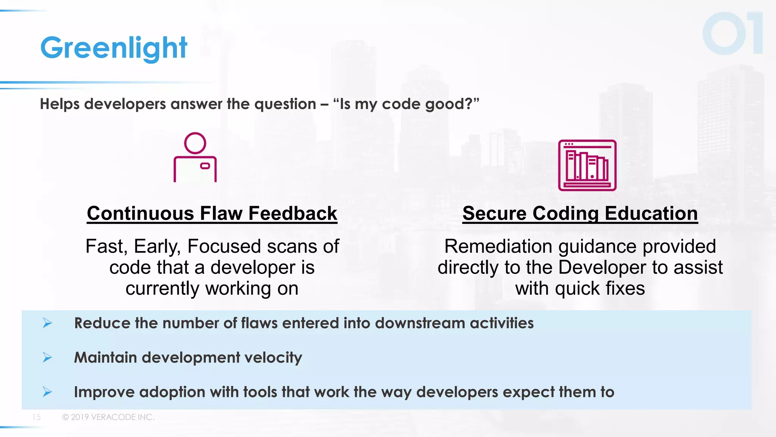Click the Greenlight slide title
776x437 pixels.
pyautogui.click(x=114, y=48)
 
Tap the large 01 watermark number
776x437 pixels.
pyautogui.click(x=732, y=33)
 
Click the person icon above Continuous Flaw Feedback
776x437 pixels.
pyautogui.click(x=195, y=157)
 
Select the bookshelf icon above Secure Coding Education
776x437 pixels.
pyautogui.click(x=587, y=165)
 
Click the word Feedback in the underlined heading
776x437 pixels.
pyautogui.click(x=293, y=214)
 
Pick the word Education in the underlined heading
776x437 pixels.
pyautogui.click(x=651, y=214)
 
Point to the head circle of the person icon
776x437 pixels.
pyautogui.click(x=195, y=143)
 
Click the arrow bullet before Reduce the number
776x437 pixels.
pyautogui.click(x=47, y=323)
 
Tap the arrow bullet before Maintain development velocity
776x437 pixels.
pyautogui.click(x=47, y=357)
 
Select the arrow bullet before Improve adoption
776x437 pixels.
pyautogui.click(x=47, y=392)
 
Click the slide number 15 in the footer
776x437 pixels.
pyautogui.click(x=36, y=417)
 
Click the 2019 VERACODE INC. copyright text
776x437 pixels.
pyautogui.click(x=108, y=417)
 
